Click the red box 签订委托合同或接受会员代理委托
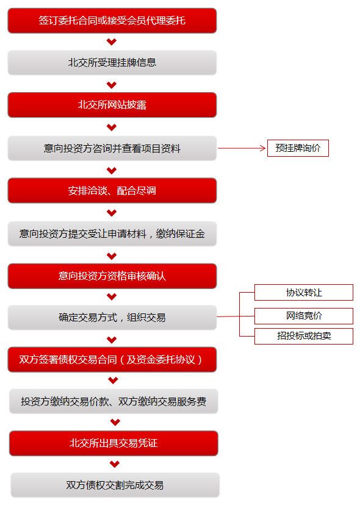tap(112, 21)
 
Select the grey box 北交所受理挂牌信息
tap(112, 63)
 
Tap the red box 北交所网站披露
tap(112, 105)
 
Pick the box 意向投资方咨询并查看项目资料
tap(112, 148)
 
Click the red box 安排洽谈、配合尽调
tap(112, 191)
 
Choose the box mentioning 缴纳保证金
tap(112, 234)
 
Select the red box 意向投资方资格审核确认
tap(112, 276)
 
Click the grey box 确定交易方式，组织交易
tap(112, 318)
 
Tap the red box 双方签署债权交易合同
tap(112, 359)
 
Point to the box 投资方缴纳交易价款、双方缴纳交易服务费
tap(113, 401)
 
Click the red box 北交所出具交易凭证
tap(113, 443)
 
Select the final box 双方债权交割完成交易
tap(115, 485)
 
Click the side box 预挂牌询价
tap(298, 148)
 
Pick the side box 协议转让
tap(304, 292)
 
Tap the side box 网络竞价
tap(304, 316)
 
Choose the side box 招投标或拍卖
tap(304, 336)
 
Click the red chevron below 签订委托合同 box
tap(112, 41)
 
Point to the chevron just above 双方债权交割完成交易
tap(115, 464)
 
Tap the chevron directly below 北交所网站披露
tap(112, 127)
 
